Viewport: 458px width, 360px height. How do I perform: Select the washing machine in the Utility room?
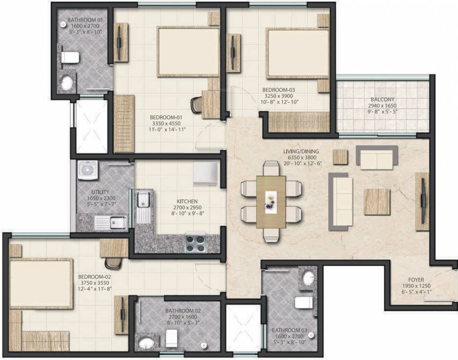coord(88,170)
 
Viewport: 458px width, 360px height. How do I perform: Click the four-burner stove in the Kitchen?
coord(195,242)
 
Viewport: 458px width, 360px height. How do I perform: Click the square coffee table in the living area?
coord(377,202)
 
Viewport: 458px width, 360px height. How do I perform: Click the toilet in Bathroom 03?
coord(303,302)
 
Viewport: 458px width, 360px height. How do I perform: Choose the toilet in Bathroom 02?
coord(171,337)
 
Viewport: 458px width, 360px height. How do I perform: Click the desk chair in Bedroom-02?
coord(113,264)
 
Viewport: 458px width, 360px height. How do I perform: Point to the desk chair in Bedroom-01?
coord(197,104)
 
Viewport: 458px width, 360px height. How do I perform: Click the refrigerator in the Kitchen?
coord(205,173)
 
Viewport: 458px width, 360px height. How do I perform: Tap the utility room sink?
coord(117,222)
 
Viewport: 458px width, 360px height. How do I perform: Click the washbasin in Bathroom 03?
coord(309,278)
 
